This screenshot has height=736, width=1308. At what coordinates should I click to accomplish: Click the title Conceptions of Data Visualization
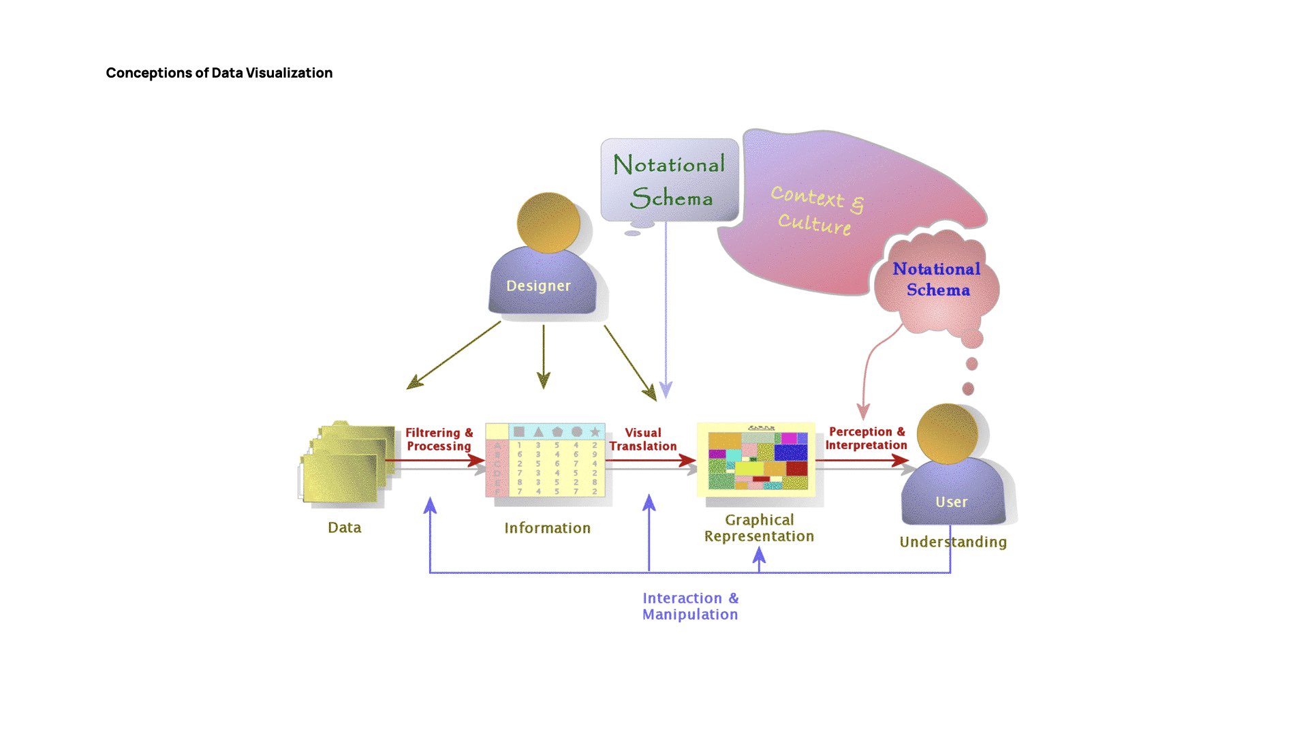(219, 73)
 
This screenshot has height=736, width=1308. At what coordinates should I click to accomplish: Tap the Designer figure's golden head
(548, 223)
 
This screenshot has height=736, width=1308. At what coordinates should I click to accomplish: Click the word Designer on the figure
(538, 286)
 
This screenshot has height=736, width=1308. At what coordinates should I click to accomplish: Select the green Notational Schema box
(669, 181)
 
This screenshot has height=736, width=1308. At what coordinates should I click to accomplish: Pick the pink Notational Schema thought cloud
(937, 280)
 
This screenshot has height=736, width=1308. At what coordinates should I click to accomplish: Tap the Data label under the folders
(344, 527)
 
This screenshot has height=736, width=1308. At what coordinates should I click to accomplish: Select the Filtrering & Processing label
(439, 440)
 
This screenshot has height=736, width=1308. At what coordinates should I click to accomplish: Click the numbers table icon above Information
(545, 461)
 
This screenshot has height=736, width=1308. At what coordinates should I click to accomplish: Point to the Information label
(547, 528)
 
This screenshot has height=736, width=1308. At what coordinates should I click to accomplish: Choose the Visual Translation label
(643, 440)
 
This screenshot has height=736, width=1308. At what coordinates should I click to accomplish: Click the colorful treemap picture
(756, 460)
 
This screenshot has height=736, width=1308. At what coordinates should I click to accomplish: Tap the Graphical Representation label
(759, 528)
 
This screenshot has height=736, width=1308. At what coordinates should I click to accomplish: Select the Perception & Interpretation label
(866, 438)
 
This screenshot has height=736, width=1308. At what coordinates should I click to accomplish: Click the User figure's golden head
(947, 433)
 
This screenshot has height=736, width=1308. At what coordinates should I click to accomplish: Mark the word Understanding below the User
(952, 542)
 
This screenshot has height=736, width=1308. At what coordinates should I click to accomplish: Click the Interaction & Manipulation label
(690, 607)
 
